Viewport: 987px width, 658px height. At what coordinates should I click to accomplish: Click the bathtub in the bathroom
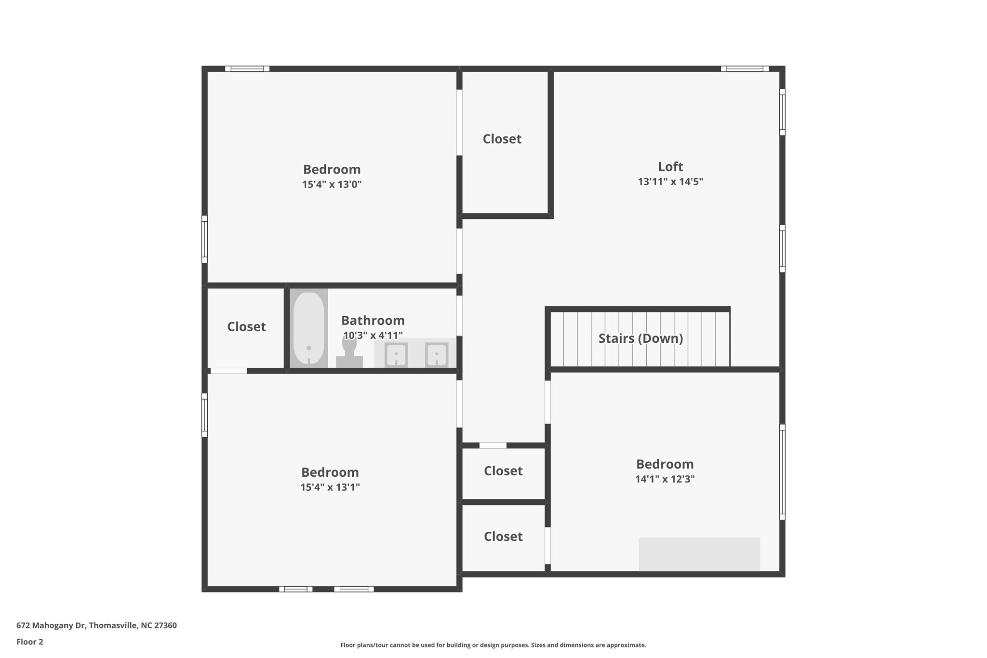(x=309, y=328)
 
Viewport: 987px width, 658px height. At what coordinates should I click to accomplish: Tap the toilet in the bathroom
(x=349, y=352)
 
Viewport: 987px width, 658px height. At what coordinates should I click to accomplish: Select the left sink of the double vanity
(x=396, y=355)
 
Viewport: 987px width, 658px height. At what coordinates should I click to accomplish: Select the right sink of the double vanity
(x=437, y=355)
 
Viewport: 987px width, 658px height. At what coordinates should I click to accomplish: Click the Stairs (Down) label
(x=640, y=338)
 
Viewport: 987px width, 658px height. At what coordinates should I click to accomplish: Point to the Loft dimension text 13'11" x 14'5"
(x=670, y=182)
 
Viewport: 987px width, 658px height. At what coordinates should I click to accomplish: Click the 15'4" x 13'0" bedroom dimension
(x=332, y=185)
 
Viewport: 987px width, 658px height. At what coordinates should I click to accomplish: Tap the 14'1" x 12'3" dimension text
(x=665, y=479)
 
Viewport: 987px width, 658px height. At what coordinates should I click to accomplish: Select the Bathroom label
(x=373, y=321)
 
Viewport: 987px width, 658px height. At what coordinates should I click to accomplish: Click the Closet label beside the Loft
(x=502, y=139)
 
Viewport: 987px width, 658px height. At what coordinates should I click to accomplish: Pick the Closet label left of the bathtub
(x=246, y=327)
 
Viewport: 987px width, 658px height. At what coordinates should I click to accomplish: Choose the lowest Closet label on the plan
(x=503, y=537)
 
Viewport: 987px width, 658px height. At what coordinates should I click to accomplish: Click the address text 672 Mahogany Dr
(x=96, y=625)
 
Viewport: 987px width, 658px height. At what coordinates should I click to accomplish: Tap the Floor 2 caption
(x=30, y=642)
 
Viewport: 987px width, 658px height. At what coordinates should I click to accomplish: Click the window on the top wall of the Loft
(x=745, y=69)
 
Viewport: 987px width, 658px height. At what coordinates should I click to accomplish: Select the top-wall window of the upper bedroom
(x=247, y=69)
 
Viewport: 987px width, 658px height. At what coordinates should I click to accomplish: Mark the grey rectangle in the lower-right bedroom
(x=699, y=554)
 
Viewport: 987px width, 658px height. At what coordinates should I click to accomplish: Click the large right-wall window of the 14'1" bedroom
(x=782, y=472)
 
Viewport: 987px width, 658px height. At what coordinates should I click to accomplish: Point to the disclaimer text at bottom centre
(x=493, y=645)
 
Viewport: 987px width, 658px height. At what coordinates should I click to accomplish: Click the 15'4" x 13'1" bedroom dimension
(x=330, y=487)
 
